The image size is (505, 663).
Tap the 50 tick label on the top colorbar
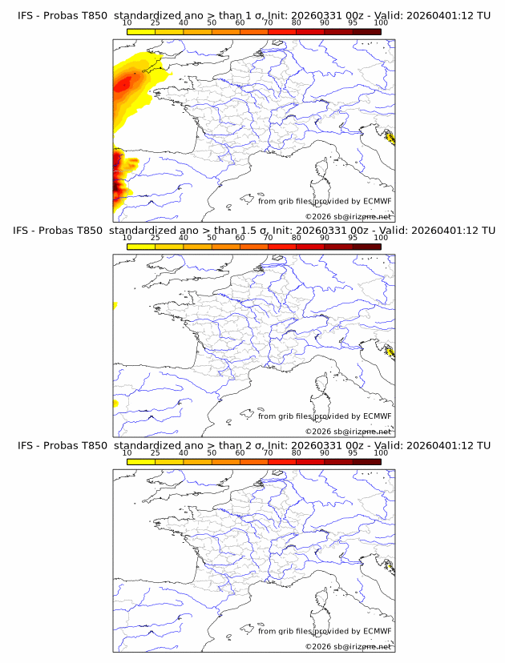click(212, 22)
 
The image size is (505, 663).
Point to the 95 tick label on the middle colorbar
click(353, 238)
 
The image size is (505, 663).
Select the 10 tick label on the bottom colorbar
click(127, 452)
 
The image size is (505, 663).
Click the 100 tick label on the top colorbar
click(381, 22)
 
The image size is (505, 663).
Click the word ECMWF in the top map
click(377, 201)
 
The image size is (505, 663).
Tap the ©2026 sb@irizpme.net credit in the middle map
click(348, 432)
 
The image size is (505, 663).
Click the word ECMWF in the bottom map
click(377, 631)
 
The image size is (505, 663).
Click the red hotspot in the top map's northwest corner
click(123, 82)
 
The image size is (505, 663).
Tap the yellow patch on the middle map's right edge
click(390, 352)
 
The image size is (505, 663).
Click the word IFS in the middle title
click(25, 231)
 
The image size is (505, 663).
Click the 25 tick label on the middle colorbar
click(155, 238)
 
